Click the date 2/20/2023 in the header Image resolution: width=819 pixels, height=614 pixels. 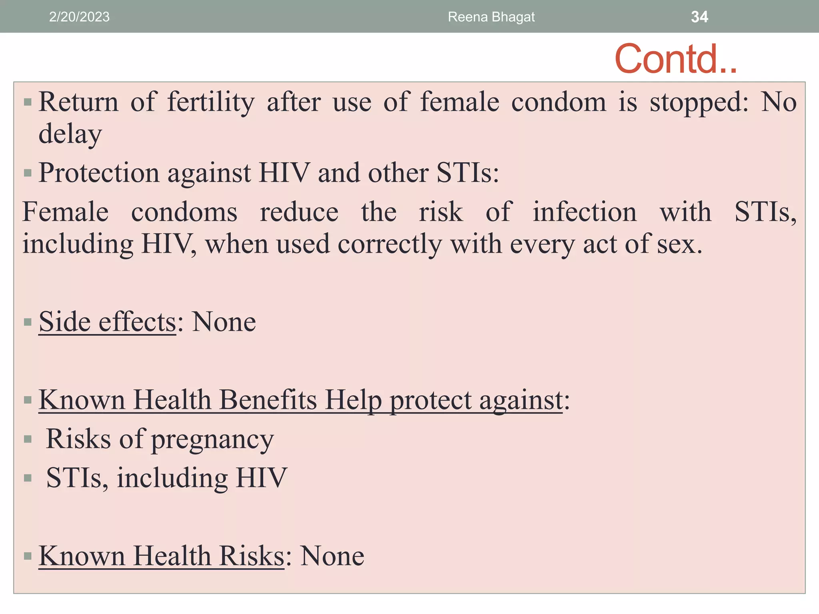[79, 17]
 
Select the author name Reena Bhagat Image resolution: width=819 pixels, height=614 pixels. [491, 17]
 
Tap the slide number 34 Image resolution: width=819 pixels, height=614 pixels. [699, 17]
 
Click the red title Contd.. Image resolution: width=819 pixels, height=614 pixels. [675, 59]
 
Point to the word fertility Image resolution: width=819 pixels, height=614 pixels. [211, 102]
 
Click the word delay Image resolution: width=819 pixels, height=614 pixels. [70, 134]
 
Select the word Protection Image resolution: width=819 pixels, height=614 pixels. [99, 173]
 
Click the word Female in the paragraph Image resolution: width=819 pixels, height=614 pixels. [65, 212]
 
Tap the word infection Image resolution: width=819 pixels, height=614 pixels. [584, 212]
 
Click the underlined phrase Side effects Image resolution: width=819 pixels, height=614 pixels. [107, 322]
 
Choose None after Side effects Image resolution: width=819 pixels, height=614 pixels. [224, 322]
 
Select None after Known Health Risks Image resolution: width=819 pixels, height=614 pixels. [332, 556]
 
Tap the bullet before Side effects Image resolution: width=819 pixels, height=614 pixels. [28, 322]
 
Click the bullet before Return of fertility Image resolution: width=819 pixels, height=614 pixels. [28, 102]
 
